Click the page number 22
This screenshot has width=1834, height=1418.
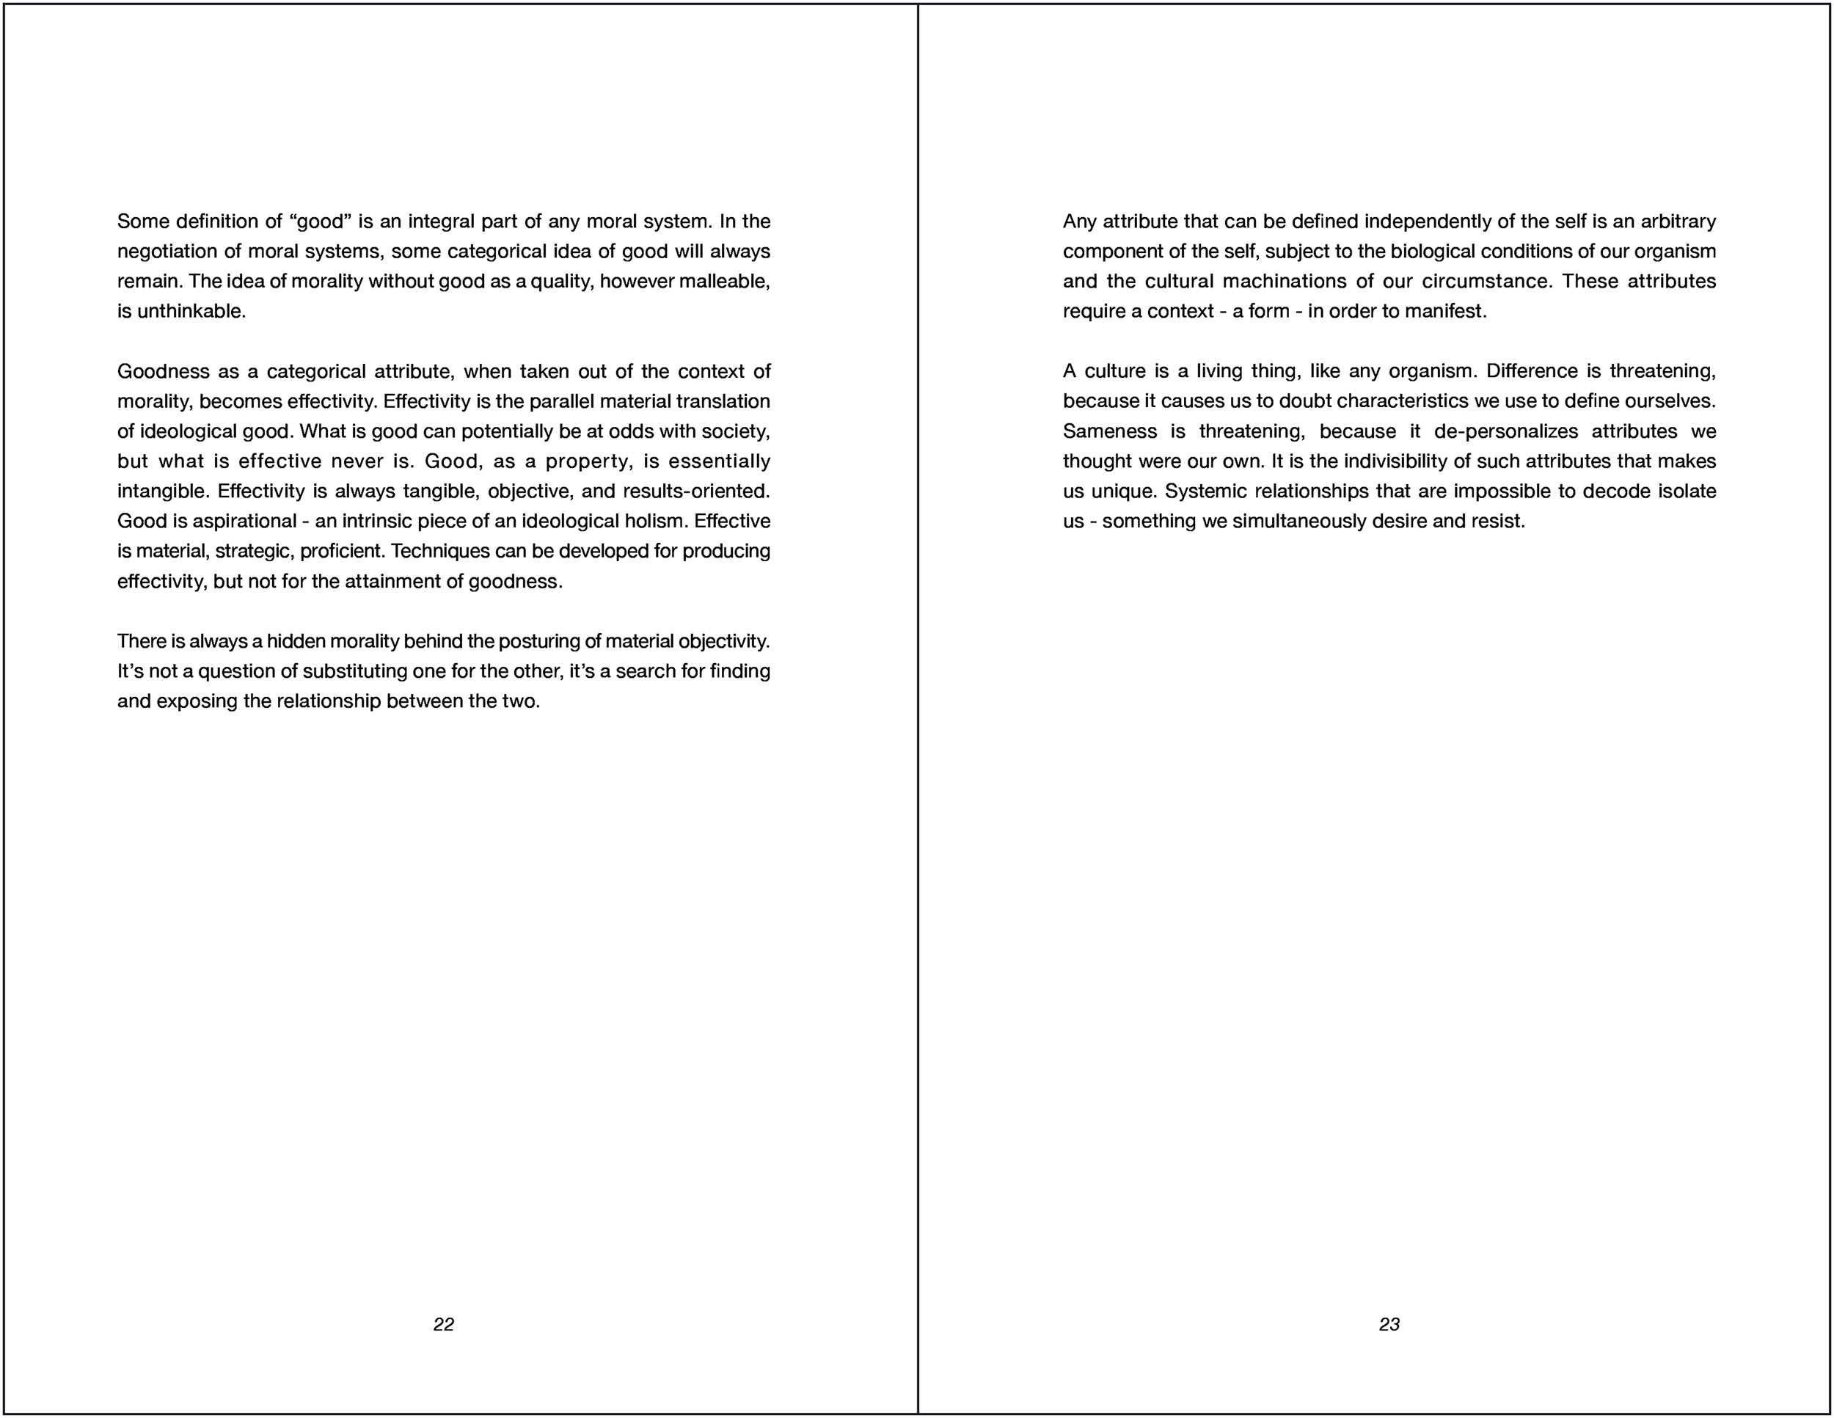pos(443,1324)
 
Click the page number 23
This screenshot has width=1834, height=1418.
pos(1389,1324)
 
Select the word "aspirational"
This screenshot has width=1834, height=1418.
pos(244,522)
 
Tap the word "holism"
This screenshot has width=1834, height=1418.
pos(655,522)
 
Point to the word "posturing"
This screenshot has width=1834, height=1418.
pos(538,641)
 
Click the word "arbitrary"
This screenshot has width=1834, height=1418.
pos(1677,222)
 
